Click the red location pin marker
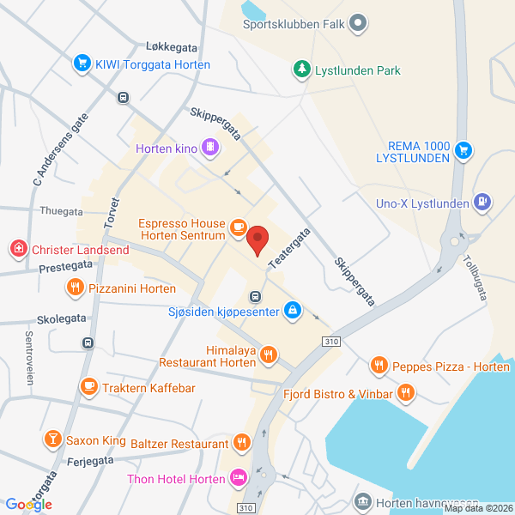257,240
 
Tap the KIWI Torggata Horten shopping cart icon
82,63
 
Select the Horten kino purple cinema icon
209,148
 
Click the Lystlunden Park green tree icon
300,70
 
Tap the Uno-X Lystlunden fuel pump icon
483,203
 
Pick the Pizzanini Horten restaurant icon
76,288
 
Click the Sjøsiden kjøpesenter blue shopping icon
292,309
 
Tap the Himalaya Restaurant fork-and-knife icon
269,354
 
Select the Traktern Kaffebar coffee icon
88,387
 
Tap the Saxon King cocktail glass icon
52,439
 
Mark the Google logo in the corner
28,504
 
